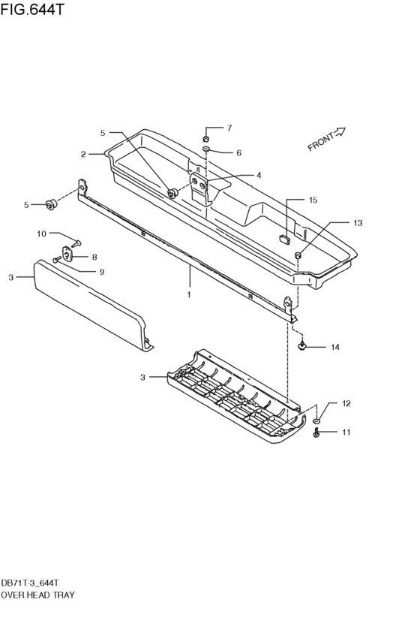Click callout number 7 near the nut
pyautogui.click(x=229, y=128)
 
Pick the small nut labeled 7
pyautogui.click(x=205, y=137)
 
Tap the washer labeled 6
pyautogui.click(x=205, y=151)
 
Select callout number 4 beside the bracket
pyautogui.click(x=258, y=175)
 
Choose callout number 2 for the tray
pyautogui.click(x=84, y=154)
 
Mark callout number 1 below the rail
pyautogui.click(x=189, y=294)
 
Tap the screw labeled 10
pyautogui.click(x=77, y=243)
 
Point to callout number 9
pyautogui.click(x=102, y=271)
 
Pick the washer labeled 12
pyautogui.click(x=318, y=420)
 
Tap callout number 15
pyautogui.click(x=313, y=200)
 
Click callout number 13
pyautogui.click(x=357, y=223)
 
